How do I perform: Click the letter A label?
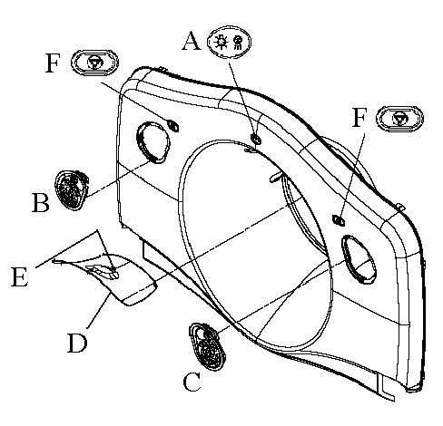192,42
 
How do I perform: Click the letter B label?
41,203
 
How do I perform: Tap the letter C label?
192,382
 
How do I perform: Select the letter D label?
77,343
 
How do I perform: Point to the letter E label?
20,276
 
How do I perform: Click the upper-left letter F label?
53,63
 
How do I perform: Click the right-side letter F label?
359,117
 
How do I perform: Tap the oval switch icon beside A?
229,42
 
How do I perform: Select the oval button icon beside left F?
94,63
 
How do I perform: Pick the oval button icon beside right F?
399,119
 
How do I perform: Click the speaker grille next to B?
72,189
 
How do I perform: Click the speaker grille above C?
207,346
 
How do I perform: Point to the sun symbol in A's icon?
221,42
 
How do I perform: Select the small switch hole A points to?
256,140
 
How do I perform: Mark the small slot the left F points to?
173,125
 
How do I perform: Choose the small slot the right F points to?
339,220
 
